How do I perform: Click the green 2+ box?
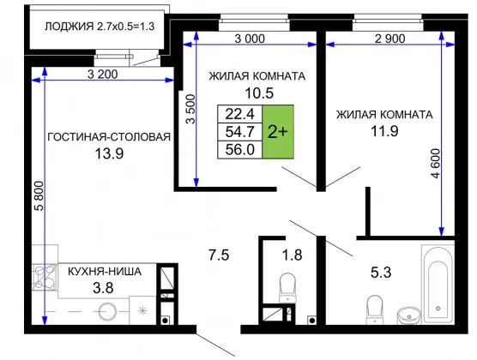coord(278,132)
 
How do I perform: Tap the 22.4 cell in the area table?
coord(239,114)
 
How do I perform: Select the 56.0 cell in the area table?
coord(239,150)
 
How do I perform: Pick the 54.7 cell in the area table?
coord(239,132)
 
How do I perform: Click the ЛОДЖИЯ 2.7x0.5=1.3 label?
coord(100,27)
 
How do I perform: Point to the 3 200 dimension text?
coord(102,75)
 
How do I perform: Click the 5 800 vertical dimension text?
coord(39,196)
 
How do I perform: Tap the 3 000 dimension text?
coord(250,39)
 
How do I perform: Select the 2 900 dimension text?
coord(390,39)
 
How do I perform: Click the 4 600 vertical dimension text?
coord(435,163)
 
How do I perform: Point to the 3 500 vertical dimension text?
coord(190,109)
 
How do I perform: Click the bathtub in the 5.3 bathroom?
coord(438,285)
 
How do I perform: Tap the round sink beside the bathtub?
coord(409,316)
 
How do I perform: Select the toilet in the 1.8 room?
coord(287,287)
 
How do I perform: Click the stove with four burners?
coord(45,277)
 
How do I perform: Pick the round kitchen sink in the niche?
coord(107,312)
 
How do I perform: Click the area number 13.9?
coord(109,153)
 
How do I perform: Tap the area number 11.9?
coord(384,131)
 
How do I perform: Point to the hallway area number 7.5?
coord(219,255)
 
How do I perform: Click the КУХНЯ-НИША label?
coord(105,271)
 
